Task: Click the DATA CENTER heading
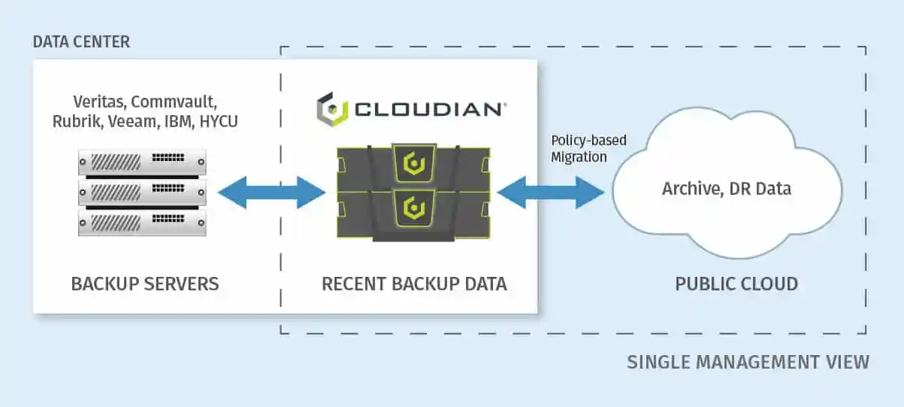[81, 41]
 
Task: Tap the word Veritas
[100, 102]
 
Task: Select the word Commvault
[174, 102]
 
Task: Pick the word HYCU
[219, 121]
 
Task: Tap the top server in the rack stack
[142, 162]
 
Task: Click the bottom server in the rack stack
[142, 223]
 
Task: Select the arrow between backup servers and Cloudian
[271, 193]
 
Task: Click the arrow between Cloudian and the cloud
[551, 193]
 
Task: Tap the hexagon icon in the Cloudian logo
[331, 110]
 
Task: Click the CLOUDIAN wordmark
[430, 110]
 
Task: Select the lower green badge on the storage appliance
[414, 208]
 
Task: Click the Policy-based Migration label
[589, 149]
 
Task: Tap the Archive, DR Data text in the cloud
[727, 189]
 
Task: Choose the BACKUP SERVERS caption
[145, 284]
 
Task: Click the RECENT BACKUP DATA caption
[414, 284]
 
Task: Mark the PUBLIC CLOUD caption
[736, 284]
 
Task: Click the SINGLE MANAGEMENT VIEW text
[748, 362]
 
